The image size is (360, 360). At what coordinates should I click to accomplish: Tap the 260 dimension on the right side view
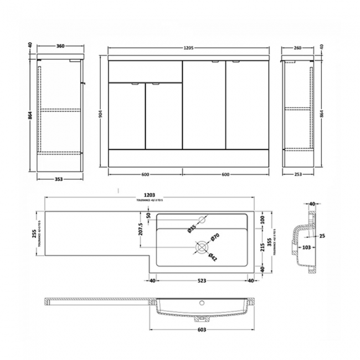(x=297, y=48)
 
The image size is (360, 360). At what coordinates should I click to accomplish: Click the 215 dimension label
(x=263, y=245)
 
